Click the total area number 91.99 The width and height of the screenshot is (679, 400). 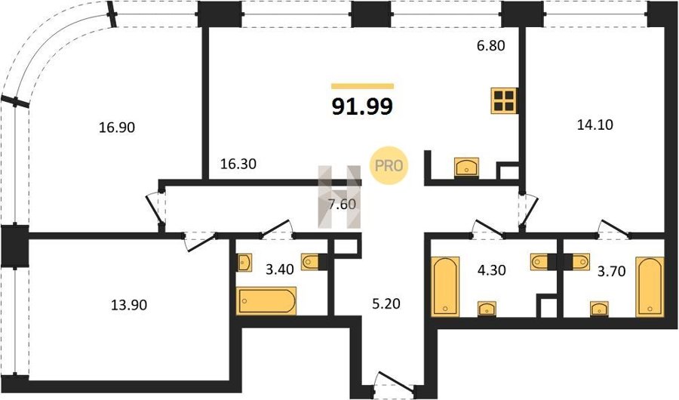point(362,106)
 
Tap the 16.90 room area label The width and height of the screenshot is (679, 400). point(117,128)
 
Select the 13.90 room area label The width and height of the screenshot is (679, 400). point(129,305)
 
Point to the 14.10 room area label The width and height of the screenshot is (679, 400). point(595,125)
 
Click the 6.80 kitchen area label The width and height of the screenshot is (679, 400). point(491,45)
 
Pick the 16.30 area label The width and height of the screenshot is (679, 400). point(238,164)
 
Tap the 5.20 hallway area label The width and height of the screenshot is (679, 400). point(386,304)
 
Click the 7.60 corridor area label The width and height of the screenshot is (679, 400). point(342,204)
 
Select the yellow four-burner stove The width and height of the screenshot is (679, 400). point(505,101)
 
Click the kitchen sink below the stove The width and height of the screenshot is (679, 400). point(466,167)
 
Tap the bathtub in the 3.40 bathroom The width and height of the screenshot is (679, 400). point(266,301)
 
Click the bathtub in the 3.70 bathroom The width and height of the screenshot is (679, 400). point(650,287)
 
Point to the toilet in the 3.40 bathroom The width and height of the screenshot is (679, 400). point(312,261)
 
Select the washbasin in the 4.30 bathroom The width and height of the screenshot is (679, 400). point(487,309)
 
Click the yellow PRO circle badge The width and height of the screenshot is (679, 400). point(389,165)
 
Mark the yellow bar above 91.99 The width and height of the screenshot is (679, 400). point(362,86)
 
